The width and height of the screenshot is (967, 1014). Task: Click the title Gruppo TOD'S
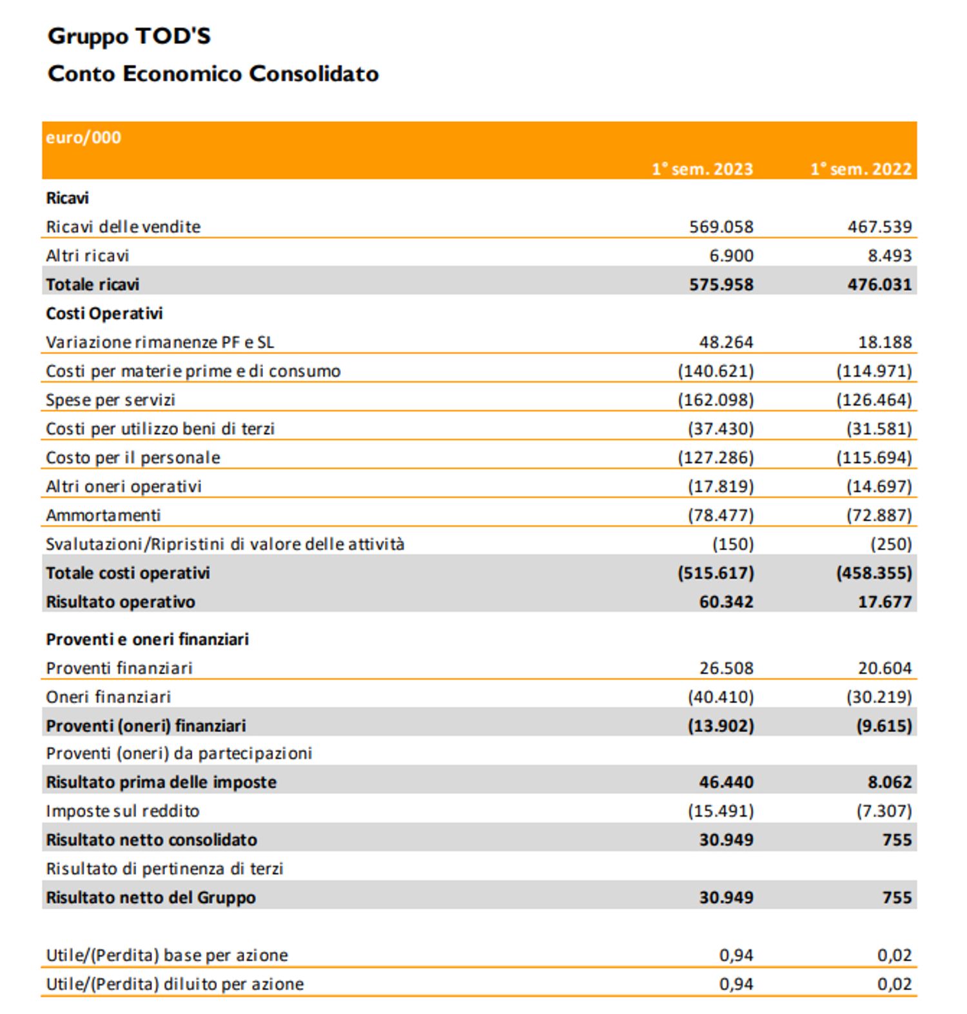point(129,36)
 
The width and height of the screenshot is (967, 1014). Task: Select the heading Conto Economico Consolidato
point(213,74)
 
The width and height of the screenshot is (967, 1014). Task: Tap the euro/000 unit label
point(83,137)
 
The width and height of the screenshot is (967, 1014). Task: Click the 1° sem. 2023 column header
point(702,169)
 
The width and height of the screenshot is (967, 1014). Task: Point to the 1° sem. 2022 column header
point(861,169)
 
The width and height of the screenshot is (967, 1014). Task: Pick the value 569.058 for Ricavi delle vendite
point(721,227)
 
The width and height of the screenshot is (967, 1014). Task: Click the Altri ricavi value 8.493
point(890,256)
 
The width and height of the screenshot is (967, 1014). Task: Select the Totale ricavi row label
point(93,284)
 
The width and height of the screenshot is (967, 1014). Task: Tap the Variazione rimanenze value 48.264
point(726,343)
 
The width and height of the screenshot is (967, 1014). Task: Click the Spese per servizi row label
point(110,400)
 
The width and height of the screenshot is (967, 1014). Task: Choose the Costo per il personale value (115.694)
point(874,458)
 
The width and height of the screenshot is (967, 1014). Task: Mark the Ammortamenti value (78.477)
point(720,515)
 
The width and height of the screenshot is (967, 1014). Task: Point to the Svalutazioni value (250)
point(891,544)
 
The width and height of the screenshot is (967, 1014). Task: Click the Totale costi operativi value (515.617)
point(715,573)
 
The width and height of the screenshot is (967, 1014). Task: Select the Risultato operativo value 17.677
point(884,602)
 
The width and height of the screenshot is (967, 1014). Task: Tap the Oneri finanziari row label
point(108,697)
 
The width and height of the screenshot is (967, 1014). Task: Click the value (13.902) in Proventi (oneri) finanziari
point(720,726)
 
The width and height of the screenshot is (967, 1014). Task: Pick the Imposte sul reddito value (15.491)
point(720,811)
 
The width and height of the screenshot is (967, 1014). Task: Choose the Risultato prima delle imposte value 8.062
point(890,782)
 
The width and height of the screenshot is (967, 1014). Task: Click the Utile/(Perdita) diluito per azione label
point(175,984)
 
